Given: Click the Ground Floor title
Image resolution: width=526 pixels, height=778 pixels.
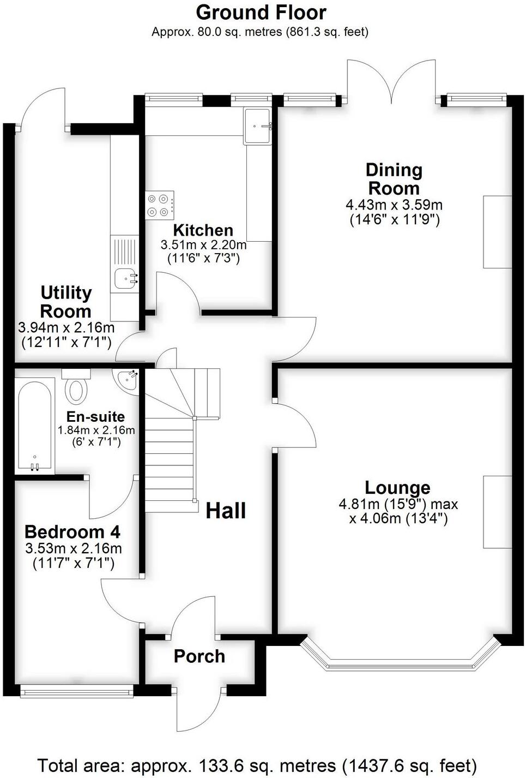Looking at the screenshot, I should coord(261,13).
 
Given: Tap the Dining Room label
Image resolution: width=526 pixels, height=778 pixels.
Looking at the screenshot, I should coord(394,179).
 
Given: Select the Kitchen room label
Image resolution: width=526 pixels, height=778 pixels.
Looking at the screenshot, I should coord(203,230).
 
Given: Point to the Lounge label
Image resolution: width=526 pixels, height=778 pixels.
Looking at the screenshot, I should coord(397,487).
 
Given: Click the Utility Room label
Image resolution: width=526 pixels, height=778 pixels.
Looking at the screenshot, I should coord(66,302).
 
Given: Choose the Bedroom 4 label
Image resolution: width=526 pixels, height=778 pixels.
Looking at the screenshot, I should coord(72,531).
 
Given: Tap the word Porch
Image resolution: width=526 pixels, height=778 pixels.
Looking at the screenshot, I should coord(199,656).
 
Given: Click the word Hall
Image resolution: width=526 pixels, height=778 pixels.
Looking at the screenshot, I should coord(226,511).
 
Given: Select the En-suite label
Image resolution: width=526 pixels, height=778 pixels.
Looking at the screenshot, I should coord(95,417).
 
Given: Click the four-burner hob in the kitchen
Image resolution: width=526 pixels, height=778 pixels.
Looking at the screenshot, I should coord(159,205).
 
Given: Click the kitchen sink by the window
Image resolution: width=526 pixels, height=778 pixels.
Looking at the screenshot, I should coord(257,126).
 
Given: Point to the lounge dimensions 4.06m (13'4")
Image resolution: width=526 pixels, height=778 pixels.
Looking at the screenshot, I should coord(398,518).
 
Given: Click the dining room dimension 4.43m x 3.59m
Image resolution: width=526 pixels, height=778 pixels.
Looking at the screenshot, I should coord(394,205).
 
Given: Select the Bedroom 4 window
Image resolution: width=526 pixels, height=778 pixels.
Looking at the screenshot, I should coord(76,691).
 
